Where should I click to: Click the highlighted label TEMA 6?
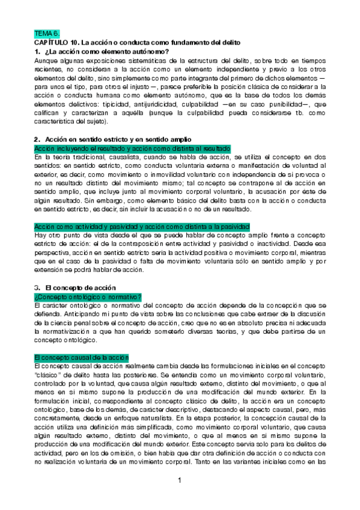pos(46,34)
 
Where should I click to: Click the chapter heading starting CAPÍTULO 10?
pos(137,43)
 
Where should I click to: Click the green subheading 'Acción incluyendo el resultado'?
pos(132,149)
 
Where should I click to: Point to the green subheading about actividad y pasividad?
pos(141,227)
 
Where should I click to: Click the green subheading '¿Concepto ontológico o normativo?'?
pos(88,296)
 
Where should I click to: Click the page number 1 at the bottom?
pos(179,481)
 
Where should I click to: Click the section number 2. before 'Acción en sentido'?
pos(37,139)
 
